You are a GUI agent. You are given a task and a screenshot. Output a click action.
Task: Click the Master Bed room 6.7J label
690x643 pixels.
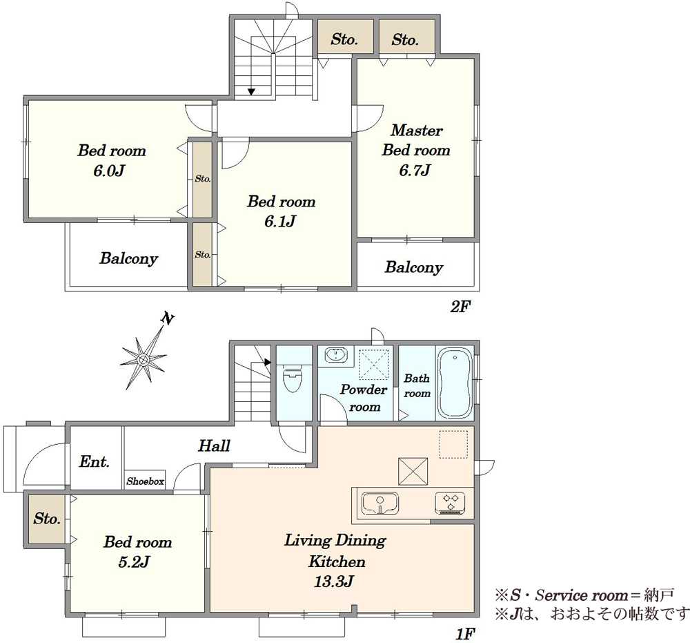(x=416, y=150)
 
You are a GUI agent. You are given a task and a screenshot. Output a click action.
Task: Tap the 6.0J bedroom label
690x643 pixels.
(x=111, y=160)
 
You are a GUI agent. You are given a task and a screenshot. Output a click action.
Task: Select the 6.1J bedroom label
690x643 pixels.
(x=282, y=211)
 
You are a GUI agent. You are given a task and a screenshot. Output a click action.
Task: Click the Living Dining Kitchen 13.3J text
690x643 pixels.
(x=335, y=561)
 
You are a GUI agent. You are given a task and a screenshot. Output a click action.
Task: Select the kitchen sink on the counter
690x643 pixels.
(x=380, y=503)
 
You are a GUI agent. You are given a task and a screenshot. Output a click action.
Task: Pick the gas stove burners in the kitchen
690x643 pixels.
(x=451, y=503)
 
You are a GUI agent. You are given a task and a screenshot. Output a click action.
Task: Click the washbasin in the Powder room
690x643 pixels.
(x=337, y=354)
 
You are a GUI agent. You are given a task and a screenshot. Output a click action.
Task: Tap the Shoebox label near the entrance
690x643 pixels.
(x=145, y=481)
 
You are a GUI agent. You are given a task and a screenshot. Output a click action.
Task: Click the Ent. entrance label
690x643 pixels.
(x=94, y=461)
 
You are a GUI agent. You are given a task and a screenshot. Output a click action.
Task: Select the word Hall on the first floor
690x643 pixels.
(x=214, y=445)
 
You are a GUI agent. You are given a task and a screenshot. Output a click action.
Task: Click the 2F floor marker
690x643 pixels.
(x=460, y=306)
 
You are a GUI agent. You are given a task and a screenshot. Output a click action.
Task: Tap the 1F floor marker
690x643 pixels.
(x=464, y=634)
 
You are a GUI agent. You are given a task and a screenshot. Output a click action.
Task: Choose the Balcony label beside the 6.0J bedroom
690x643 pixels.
(x=128, y=258)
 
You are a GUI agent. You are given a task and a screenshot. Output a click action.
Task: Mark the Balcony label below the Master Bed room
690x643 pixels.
(x=413, y=267)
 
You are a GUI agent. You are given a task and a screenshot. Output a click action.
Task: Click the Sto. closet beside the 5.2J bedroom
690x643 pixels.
(x=47, y=519)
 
